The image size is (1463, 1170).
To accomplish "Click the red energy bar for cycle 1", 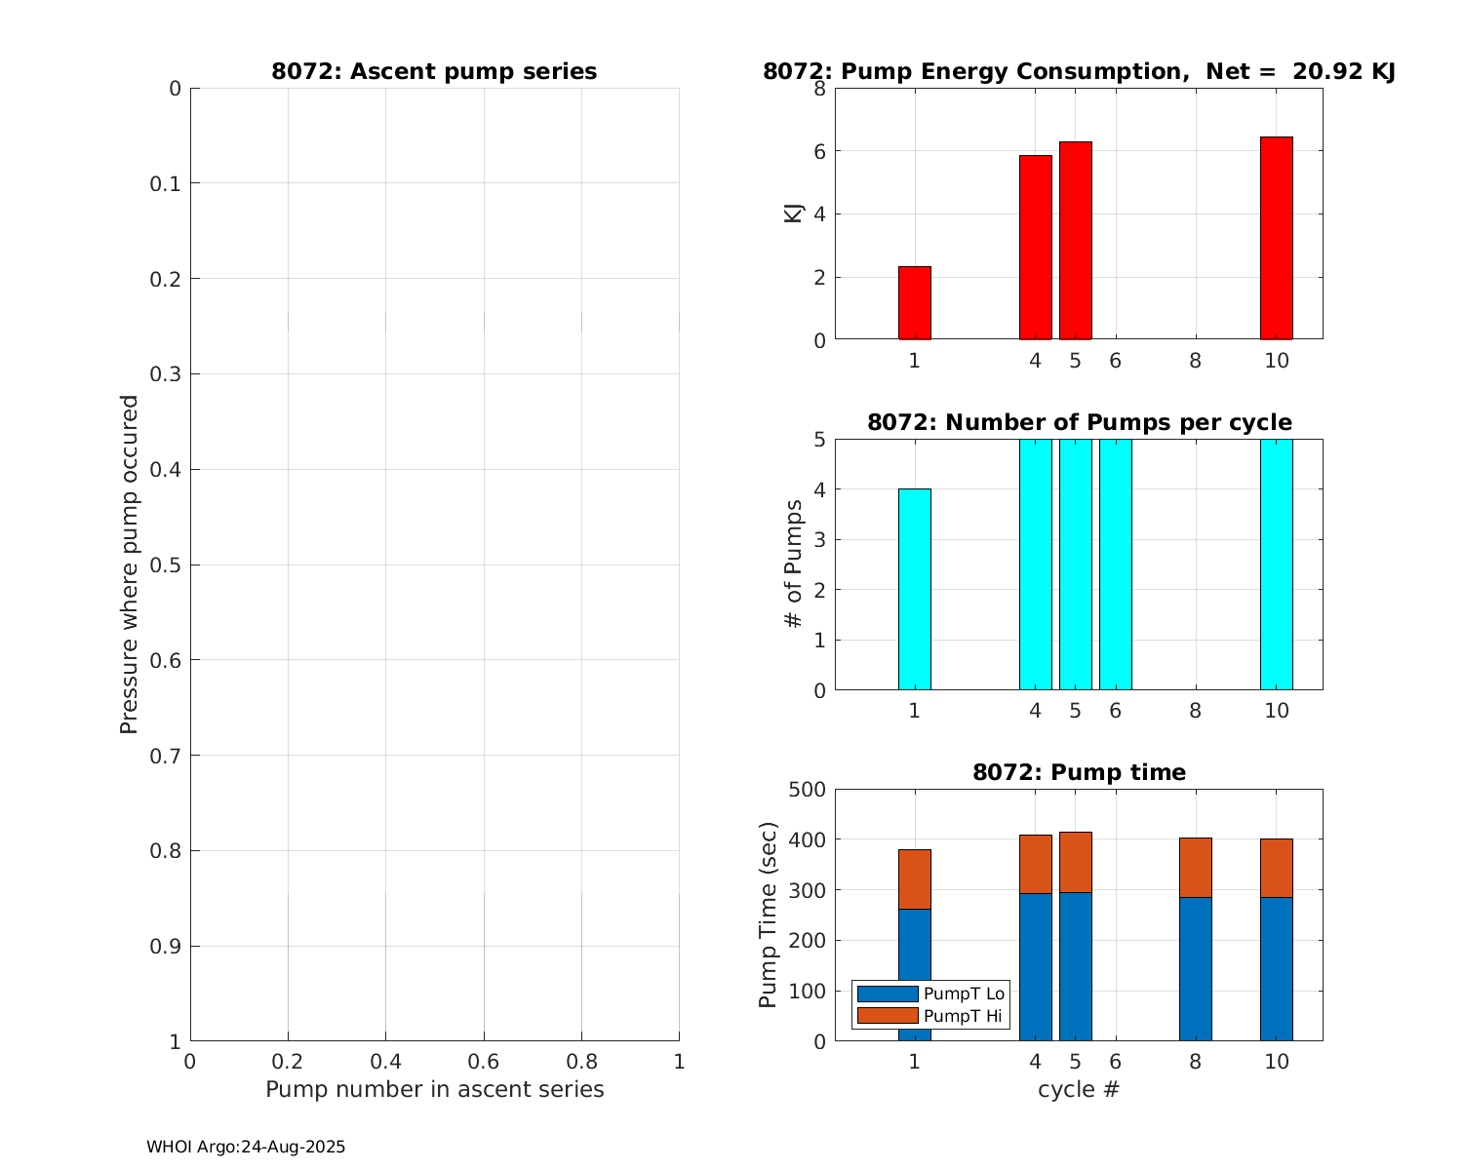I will point(914,303).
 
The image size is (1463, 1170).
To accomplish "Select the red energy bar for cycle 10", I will point(1276,238).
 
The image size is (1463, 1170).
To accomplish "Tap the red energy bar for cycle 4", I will point(1035,248).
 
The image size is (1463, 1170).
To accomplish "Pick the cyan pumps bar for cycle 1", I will point(914,589).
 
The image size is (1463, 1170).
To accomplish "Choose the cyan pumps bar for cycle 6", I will point(1115,565).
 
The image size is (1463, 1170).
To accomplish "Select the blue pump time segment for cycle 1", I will point(914,975).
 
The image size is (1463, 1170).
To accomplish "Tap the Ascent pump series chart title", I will point(434,71).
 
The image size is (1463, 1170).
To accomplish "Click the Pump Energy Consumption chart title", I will point(1079,71).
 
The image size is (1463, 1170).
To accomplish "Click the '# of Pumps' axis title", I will point(794,564).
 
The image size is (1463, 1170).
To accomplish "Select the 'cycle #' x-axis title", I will point(1079,1089).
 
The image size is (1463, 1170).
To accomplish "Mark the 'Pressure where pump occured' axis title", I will point(129,564).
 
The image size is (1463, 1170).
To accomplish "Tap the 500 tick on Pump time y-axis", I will point(806,790).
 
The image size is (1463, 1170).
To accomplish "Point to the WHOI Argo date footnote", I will point(246,1148).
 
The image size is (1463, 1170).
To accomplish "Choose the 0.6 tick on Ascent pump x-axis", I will point(484,1062).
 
